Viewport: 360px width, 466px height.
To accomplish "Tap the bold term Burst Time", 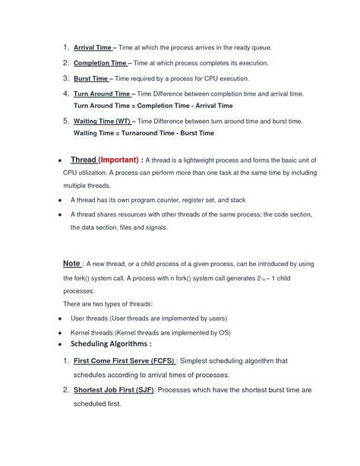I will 90,78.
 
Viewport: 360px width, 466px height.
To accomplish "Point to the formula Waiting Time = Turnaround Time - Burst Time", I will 144,133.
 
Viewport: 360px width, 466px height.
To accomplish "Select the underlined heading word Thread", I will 83,160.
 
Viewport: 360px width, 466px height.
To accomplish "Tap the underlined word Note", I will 72,263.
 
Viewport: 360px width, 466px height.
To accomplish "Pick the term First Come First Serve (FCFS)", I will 124,360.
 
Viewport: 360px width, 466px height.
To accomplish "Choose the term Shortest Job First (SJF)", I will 114,389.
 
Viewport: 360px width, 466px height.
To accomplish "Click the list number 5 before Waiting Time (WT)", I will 66,120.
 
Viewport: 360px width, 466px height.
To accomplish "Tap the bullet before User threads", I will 59,319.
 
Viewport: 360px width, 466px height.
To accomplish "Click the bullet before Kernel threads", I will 59,333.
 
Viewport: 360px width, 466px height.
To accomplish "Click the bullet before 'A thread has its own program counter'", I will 59,200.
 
